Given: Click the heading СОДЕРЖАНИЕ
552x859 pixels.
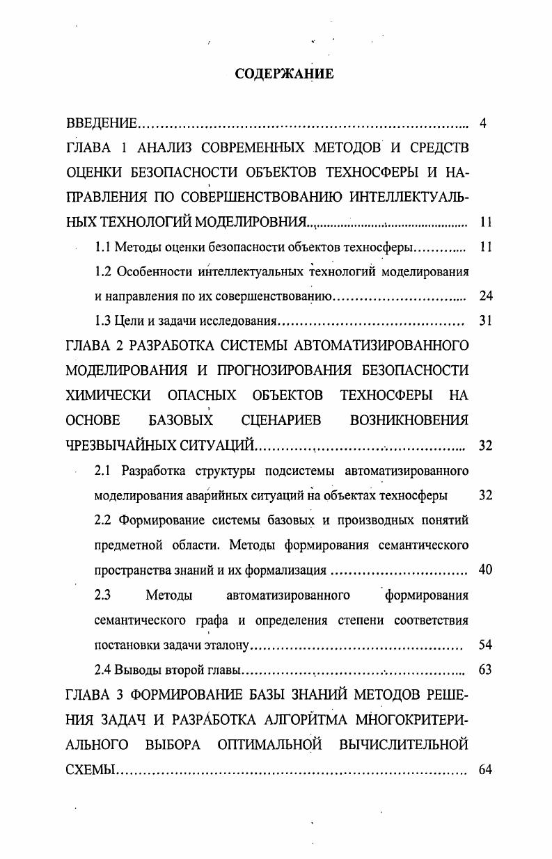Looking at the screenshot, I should (x=284, y=74).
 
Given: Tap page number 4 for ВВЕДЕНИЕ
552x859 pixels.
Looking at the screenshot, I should (x=482, y=125).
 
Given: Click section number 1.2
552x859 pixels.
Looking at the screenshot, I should (x=103, y=271).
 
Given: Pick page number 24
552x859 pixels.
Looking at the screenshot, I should (x=486, y=296).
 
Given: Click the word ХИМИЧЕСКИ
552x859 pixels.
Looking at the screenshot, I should (x=108, y=395).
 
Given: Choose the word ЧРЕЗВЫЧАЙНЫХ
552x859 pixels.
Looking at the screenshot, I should (x=118, y=445).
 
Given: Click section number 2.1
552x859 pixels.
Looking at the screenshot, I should (x=103, y=471).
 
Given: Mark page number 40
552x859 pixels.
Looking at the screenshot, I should (x=486, y=570).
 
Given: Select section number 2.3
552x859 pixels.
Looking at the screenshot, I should (x=103, y=595).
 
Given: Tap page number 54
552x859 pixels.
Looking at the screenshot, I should (x=486, y=645).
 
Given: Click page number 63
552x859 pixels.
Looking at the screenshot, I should (x=486, y=671).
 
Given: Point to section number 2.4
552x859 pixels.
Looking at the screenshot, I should (x=103, y=671).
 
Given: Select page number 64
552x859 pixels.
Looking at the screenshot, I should (x=486, y=771).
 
